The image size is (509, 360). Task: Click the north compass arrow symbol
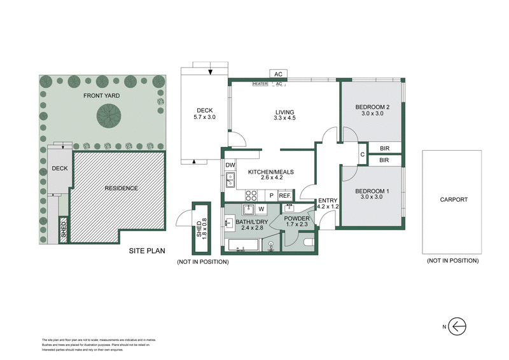click(x=457, y=326)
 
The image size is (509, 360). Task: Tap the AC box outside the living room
click(x=278, y=74)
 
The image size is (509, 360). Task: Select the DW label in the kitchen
click(x=230, y=165)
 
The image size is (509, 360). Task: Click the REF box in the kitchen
click(x=285, y=196)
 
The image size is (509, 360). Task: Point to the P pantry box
click(x=271, y=196)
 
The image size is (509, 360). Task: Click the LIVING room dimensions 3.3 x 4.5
click(x=284, y=118)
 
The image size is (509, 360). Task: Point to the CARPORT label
click(x=454, y=200)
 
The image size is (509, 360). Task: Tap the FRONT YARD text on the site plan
click(x=101, y=96)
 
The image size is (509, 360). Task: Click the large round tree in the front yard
click(x=109, y=116)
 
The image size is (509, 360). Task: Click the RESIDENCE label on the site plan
click(x=121, y=189)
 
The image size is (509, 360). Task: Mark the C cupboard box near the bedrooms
click(x=362, y=154)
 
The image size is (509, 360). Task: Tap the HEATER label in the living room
click(x=260, y=83)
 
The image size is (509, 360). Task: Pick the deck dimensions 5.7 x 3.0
click(x=205, y=117)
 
